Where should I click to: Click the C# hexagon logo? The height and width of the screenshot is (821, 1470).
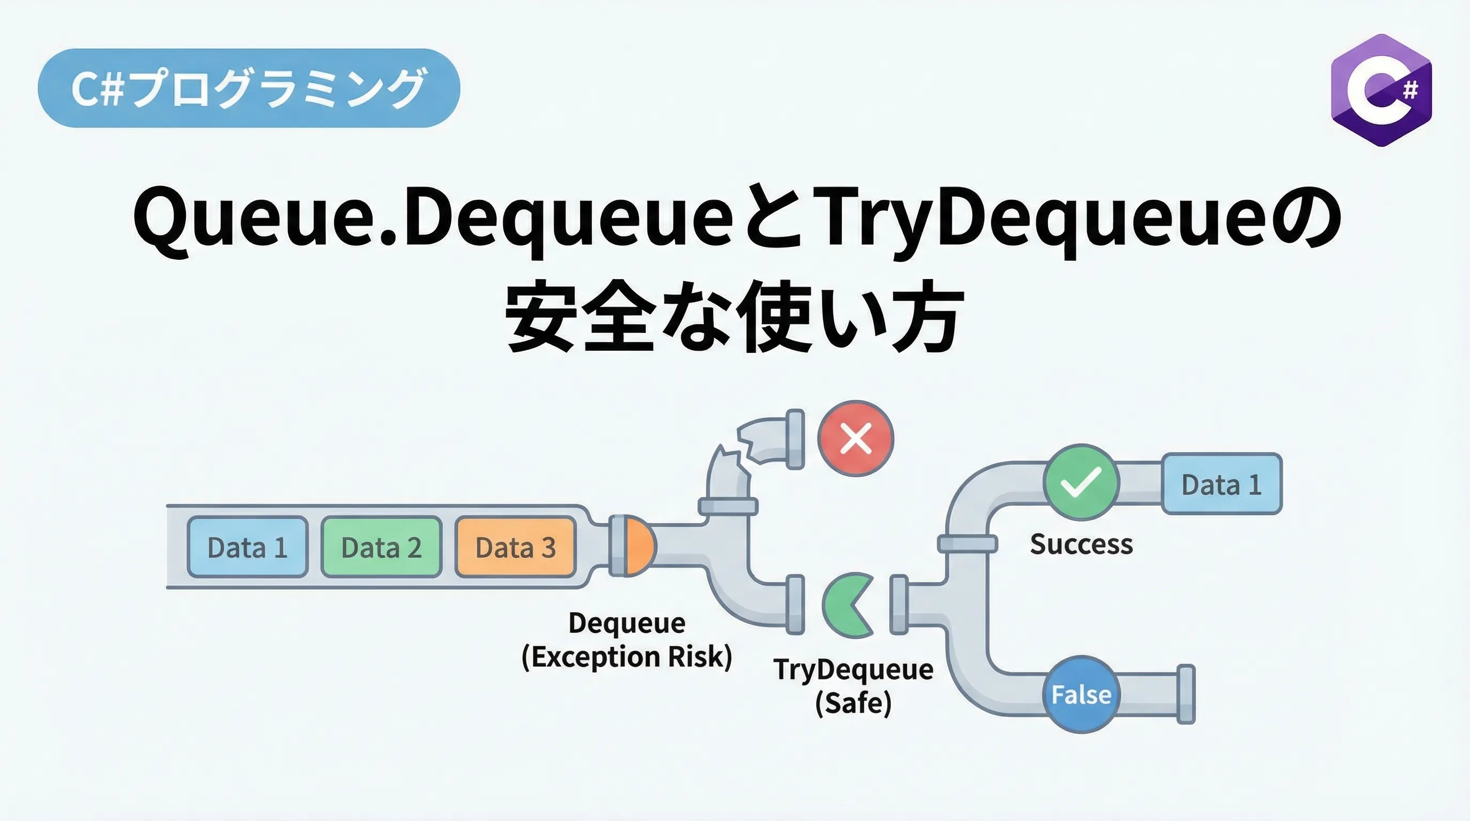[x=1381, y=90]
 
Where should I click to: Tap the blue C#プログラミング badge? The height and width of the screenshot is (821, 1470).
[x=249, y=88]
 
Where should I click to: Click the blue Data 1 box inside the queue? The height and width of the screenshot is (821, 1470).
[x=248, y=547]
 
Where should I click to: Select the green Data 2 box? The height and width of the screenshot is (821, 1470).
[x=382, y=547]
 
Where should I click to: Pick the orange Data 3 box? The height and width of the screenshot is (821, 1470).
[x=516, y=547]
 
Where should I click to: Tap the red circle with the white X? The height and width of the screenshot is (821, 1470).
[x=856, y=438]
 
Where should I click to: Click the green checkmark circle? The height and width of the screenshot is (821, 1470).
[x=1081, y=482]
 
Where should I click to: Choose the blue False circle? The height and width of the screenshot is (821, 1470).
[x=1081, y=694]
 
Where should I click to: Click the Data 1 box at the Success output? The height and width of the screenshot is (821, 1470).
[x=1222, y=484]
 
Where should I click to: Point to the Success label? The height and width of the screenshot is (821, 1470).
[x=1081, y=544]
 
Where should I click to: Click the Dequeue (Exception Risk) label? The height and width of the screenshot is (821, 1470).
[x=627, y=640]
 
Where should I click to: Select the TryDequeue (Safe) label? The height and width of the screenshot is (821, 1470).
[x=854, y=686]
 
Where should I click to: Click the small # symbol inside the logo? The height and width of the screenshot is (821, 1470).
[x=1410, y=90]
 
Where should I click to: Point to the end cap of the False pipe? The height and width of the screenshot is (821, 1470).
[x=1186, y=694]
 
